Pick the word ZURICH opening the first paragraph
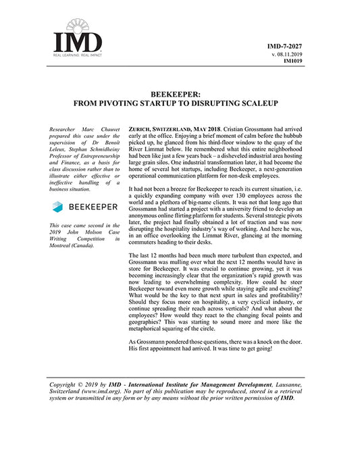pos(140,128)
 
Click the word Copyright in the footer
pos(68,384)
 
